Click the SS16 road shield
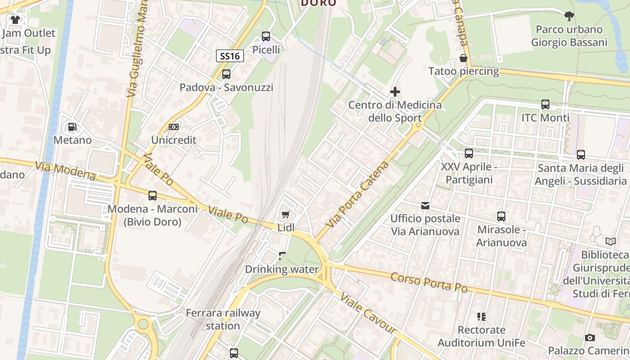(230, 56)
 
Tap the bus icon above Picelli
(266, 36)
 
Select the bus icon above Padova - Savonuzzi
(226, 74)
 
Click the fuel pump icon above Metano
(72, 127)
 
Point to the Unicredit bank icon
(174, 127)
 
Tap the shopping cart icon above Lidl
(285, 215)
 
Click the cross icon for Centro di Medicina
(395, 92)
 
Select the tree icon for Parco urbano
(569, 17)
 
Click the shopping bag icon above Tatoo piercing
(463, 58)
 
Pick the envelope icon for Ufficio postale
(425, 206)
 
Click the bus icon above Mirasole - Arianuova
(501, 216)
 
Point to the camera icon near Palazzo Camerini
(590, 337)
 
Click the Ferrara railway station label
(223, 319)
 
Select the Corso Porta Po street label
(429, 282)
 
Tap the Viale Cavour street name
(368, 314)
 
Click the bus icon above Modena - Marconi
(153, 196)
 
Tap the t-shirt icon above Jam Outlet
(15, 20)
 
